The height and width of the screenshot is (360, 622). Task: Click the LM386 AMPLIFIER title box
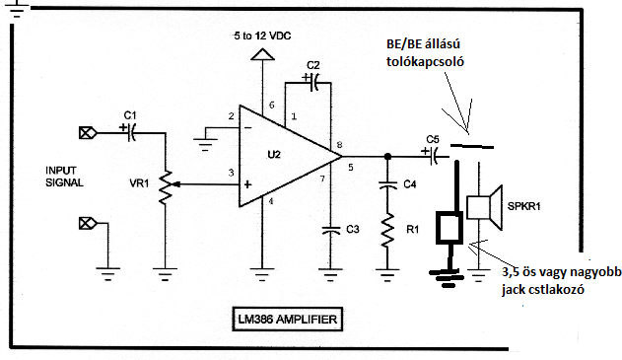pyautogui.click(x=287, y=319)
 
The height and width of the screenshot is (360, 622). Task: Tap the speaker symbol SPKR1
pyautogui.click(x=484, y=207)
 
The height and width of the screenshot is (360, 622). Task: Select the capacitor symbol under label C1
pyautogui.click(x=131, y=132)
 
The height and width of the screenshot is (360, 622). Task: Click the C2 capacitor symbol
pyautogui.click(x=313, y=82)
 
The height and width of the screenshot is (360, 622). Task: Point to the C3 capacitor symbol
pyautogui.click(x=330, y=230)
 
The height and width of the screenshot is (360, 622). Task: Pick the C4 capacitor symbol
pyautogui.click(x=387, y=184)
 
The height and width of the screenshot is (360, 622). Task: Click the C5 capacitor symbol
pyautogui.click(x=433, y=156)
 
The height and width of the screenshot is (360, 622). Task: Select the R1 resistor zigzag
pyautogui.click(x=387, y=230)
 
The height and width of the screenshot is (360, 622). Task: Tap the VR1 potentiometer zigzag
pyautogui.click(x=166, y=187)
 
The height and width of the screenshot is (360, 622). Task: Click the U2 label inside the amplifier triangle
pyautogui.click(x=274, y=155)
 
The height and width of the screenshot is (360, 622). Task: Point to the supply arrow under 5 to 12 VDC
pyautogui.click(x=262, y=54)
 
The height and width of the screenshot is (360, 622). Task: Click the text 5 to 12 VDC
pyautogui.click(x=262, y=36)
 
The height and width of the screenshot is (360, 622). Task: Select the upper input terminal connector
pyautogui.click(x=88, y=132)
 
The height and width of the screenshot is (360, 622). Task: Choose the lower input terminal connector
pyautogui.click(x=88, y=224)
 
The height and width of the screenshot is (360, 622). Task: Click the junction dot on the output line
pyautogui.click(x=387, y=157)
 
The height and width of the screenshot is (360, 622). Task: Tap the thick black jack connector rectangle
pyautogui.click(x=449, y=228)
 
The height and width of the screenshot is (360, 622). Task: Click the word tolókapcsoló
pyautogui.click(x=425, y=62)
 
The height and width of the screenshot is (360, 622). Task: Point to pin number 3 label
pyautogui.click(x=231, y=173)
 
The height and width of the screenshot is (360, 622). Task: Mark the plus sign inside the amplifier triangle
pyautogui.click(x=247, y=184)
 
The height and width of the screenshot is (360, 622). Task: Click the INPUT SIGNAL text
pyautogui.click(x=64, y=177)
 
